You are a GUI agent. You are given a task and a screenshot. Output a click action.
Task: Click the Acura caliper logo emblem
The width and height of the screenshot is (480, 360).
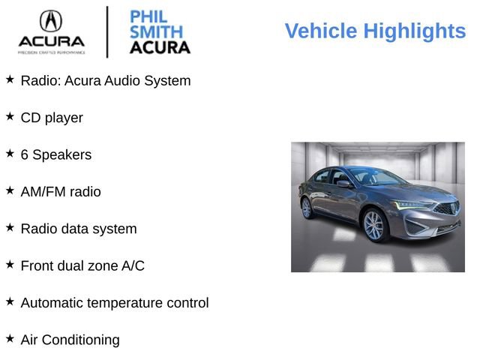pos(50,20)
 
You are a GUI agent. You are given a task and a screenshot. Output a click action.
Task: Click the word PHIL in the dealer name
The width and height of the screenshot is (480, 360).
pos(148,17)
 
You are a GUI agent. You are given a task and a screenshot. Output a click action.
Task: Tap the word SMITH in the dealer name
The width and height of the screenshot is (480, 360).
pos(156,32)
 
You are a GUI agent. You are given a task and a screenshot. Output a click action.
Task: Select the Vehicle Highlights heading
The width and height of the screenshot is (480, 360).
pos(375,31)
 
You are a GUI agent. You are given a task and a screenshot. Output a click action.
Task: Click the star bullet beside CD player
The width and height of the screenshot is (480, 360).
pos(10,116)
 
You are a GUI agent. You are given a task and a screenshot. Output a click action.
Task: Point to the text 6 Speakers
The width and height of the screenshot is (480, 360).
pos(56,155)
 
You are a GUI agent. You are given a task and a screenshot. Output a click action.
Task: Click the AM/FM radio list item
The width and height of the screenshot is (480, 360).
pos(61,192)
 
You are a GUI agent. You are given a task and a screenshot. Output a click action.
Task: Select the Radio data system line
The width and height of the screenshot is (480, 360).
pos(79,229)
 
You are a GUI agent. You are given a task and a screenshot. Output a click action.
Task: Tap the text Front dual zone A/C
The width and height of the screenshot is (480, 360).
pos(82,265)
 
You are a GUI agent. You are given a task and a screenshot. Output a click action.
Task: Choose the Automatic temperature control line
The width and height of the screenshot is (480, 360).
pos(115,303)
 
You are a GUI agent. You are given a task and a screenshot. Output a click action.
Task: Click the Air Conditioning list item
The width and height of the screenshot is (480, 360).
pos(70,340)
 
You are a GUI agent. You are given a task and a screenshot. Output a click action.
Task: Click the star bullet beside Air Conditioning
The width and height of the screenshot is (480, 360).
pos(10,338)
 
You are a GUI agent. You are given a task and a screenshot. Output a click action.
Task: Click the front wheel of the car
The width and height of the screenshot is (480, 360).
pos(373,225)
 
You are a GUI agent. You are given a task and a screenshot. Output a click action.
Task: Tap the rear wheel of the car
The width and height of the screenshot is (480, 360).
pos(307,208)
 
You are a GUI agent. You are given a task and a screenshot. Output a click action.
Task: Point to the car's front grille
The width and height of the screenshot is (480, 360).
pos(447,209)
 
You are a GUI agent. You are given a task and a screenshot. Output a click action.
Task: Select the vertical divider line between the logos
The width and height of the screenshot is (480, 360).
pos(107,31)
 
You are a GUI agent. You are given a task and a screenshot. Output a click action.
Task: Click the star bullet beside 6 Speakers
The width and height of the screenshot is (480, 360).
pos(10,153)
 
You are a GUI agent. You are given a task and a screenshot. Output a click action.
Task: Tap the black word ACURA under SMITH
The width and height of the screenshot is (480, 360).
pos(160,47)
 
